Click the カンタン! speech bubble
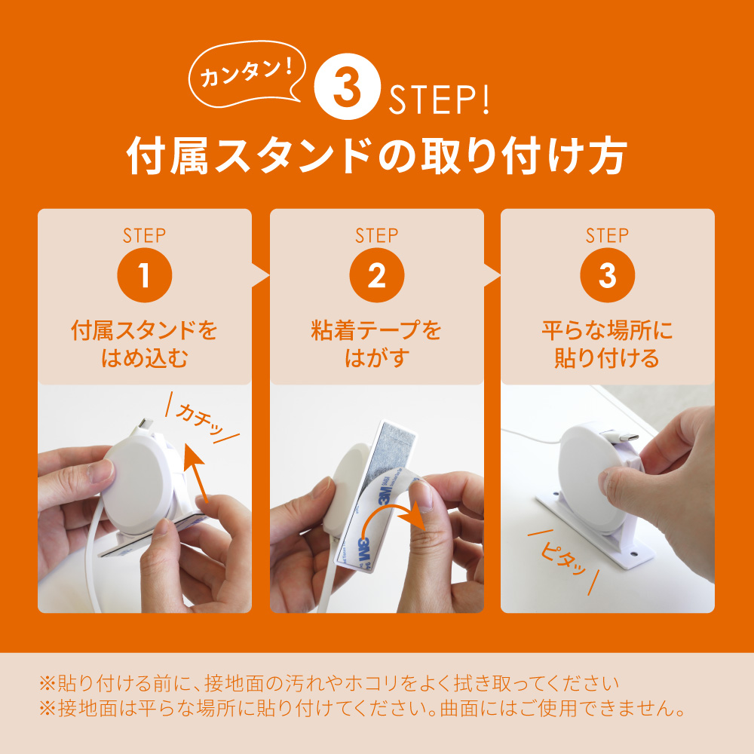click(x=247, y=73)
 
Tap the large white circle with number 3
click(x=347, y=87)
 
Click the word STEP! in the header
click(x=439, y=100)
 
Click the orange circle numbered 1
click(x=144, y=275)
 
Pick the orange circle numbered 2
click(x=376, y=275)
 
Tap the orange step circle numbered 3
click(x=607, y=275)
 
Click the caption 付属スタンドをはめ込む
click(x=144, y=344)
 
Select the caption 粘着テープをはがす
click(x=376, y=344)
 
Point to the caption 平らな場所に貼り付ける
click(x=607, y=344)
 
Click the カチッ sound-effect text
click(x=202, y=418)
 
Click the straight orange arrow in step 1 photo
click(x=197, y=474)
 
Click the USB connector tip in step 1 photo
click(x=146, y=423)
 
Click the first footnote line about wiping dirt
click(x=329, y=683)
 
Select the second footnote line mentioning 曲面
click(x=363, y=708)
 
